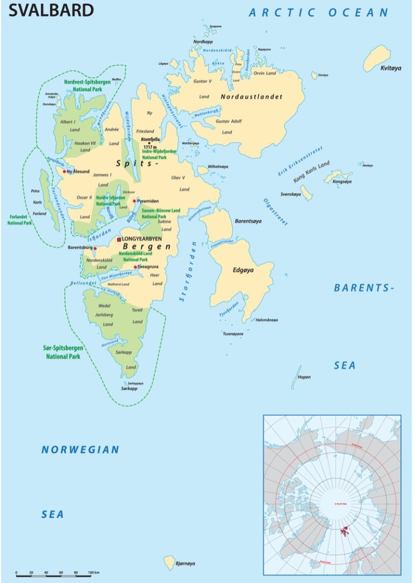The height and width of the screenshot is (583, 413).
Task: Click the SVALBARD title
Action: pos(52,10)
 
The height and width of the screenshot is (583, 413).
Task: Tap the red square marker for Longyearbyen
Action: pos(119,240)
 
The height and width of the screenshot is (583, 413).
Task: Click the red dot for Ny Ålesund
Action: pos(65,172)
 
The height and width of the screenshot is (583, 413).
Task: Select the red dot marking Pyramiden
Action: pos(134,201)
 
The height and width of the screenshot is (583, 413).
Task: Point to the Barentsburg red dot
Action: pos(95,248)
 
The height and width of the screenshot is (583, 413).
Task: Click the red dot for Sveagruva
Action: pos(136,266)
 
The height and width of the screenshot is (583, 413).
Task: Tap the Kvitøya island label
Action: pos(391,68)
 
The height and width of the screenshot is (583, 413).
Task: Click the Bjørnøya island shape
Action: pos(169,562)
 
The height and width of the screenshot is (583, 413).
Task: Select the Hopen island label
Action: pos(304,377)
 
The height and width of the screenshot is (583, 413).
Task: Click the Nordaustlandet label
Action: pos(251,97)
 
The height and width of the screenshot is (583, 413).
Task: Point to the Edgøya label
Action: pos(243,270)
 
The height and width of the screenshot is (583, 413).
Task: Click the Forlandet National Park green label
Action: pos(20,220)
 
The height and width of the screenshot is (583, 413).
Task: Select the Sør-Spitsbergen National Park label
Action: pos(62,352)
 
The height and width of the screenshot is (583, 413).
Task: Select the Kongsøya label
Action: pos(341,182)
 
